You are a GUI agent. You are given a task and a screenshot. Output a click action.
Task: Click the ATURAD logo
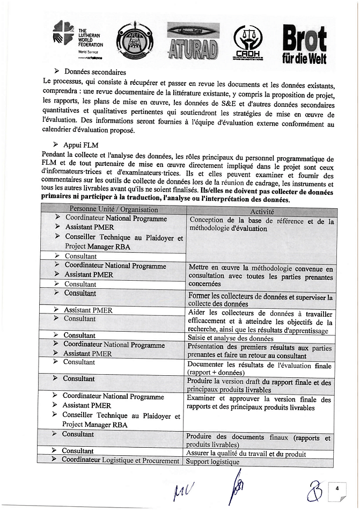pyautogui.click(x=193, y=41)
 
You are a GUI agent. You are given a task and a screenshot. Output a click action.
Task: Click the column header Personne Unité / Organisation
pyautogui.click(x=113, y=209)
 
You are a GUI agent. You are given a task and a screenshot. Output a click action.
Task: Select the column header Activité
pyautogui.click(x=261, y=212)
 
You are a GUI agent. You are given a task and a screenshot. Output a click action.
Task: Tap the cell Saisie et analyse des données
pyautogui.click(x=230, y=338)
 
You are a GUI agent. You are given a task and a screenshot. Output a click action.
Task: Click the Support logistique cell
pyautogui.click(x=212, y=461)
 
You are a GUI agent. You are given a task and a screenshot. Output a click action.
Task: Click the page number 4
pyautogui.click(x=337, y=488)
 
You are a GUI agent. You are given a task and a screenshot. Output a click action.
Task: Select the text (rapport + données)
pyautogui.click(x=216, y=373)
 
